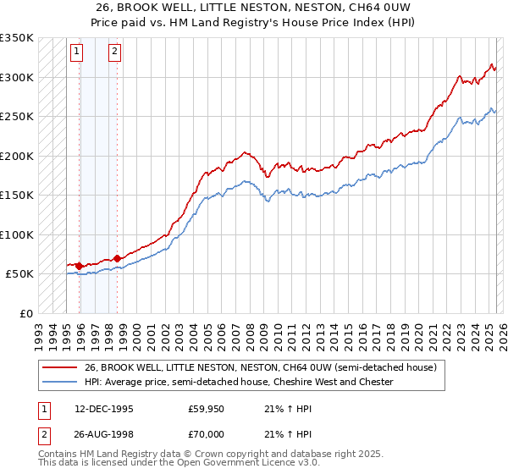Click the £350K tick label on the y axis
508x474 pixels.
(x=17, y=38)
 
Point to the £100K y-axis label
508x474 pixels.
(x=17, y=234)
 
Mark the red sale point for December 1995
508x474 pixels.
(x=80, y=266)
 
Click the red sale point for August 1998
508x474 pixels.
(x=117, y=258)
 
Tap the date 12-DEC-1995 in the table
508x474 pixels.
(x=104, y=408)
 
